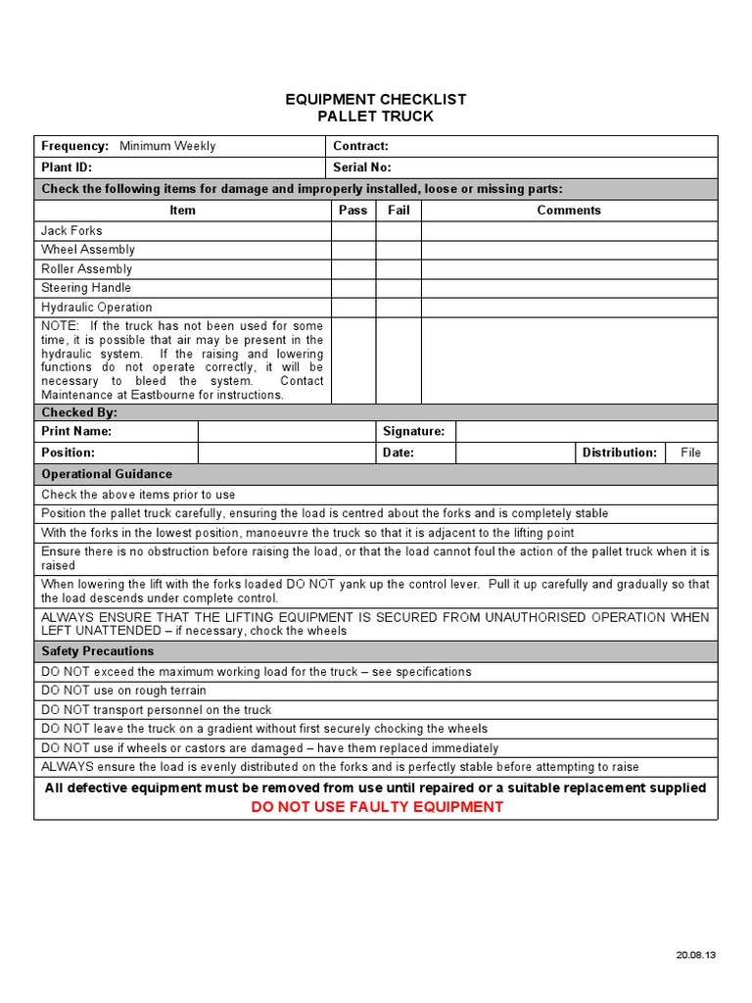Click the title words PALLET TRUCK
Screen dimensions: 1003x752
pyautogui.click(x=376, y=117)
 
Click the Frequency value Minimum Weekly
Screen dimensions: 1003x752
pyautogui.click(x=167, y=146)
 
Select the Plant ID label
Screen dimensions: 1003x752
pyautogui.click(x=67, y=167)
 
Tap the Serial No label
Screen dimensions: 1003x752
pyautogui.click(x=362, y=167)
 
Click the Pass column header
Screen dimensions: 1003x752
pyautogui.click(x=352, y=210)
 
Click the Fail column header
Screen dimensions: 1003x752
pyautogui.click(x=399, y=210)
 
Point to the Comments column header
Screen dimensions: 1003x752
pyautogui.click(x=569, y=210)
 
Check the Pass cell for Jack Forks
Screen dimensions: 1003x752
pyautogui.click(x=352, y=231)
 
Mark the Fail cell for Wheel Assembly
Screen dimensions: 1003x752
pyautogui.click(x=399, y=250)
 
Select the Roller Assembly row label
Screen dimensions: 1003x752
pyautogui.click(x=86, y=269)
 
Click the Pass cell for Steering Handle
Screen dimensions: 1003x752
pyautogui.click(x=352, y=288)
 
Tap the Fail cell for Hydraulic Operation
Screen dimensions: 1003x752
pyautogui.click(x=399, y=308)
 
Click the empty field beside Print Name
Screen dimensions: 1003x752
pyautogui.click(x=286, y=431)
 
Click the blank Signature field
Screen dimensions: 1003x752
pyautogui.click(x=586, y=431)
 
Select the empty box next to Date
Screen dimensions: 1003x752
pyautogui.click(x=515, y=453)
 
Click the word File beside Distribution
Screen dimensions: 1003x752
pyautogui.click(x=691, y=453)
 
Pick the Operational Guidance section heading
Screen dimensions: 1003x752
pyautogui.click(x=107, y=474)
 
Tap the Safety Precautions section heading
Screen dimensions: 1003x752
pyautogui.click(x=97, y=651)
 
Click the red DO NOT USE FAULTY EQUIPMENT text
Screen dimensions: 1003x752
pyautogui.click(x=377, y=807)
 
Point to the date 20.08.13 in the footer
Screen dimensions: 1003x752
pyautogui.click(x=695, y=955)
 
